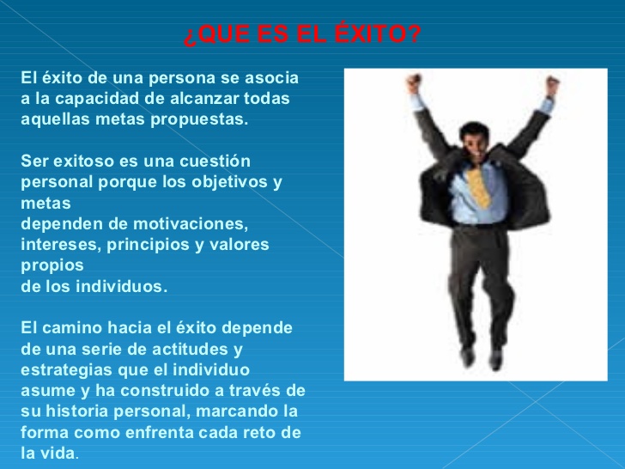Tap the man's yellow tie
[x=480, y=181]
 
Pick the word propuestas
[x=199, y=119]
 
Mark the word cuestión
[x=215, y=161]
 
